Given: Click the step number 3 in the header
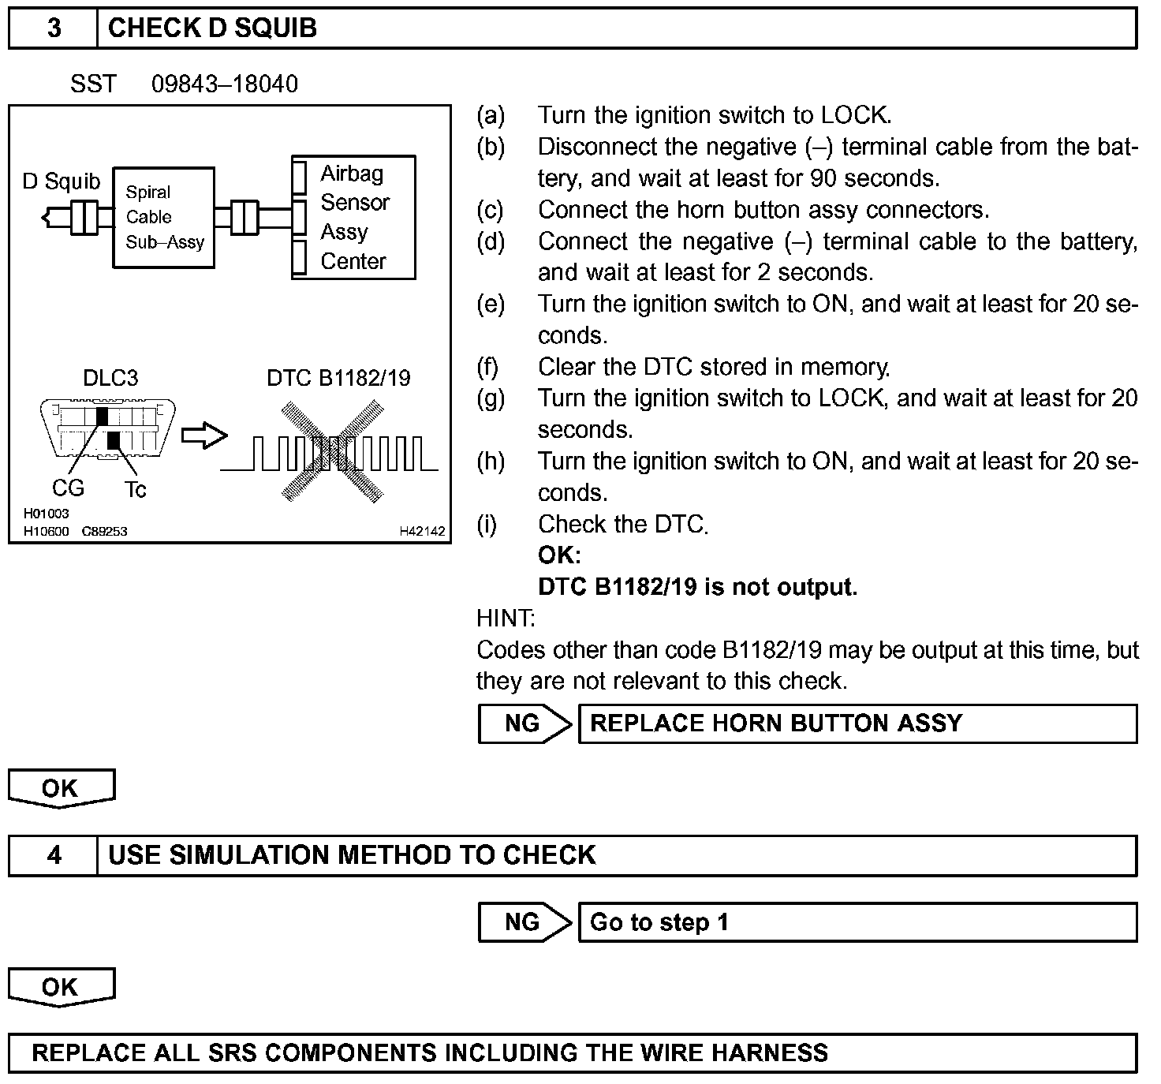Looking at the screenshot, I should (54, 28).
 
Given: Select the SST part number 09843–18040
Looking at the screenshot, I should (225, 84).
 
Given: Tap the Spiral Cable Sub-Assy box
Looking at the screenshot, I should (164, 217).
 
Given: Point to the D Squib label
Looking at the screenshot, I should (62, 181).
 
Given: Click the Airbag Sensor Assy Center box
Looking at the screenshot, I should (353, 217).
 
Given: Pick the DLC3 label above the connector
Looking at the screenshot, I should (110, 378).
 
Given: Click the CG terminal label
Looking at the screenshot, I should (68, 488).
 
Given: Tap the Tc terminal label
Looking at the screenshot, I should (135, 490).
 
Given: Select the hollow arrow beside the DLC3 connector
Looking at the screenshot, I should (204, 435).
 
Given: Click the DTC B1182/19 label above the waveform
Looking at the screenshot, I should (338, 378).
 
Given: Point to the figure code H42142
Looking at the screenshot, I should (422, 532).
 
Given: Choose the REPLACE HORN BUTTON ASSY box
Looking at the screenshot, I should (857, 723).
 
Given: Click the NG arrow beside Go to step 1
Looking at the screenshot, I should (524, 922).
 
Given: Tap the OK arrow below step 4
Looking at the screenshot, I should (61, 987).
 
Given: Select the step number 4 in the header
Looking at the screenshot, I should (54, 855).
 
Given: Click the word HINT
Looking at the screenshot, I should (506, 618).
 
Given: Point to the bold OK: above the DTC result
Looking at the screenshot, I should (559, 555).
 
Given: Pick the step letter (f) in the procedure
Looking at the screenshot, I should (490, 367).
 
